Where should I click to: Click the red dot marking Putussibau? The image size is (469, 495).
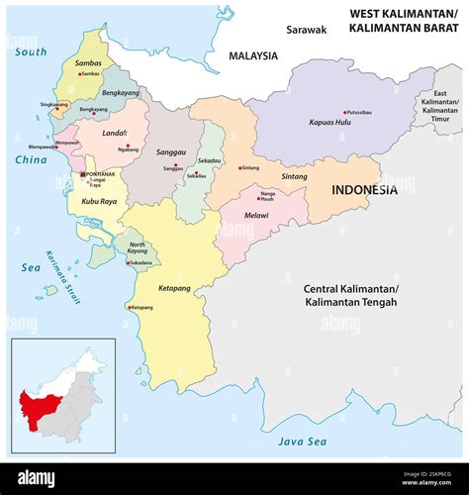point(345,112)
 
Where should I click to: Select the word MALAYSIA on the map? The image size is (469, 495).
point(254,56)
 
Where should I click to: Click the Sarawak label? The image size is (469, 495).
point(306,30)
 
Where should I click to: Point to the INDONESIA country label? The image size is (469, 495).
point(365,190)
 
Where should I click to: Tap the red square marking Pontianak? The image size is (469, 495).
point(83,175)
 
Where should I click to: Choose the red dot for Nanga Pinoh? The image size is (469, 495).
point(259,198)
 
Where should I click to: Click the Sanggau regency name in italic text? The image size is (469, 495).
point(171,151)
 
